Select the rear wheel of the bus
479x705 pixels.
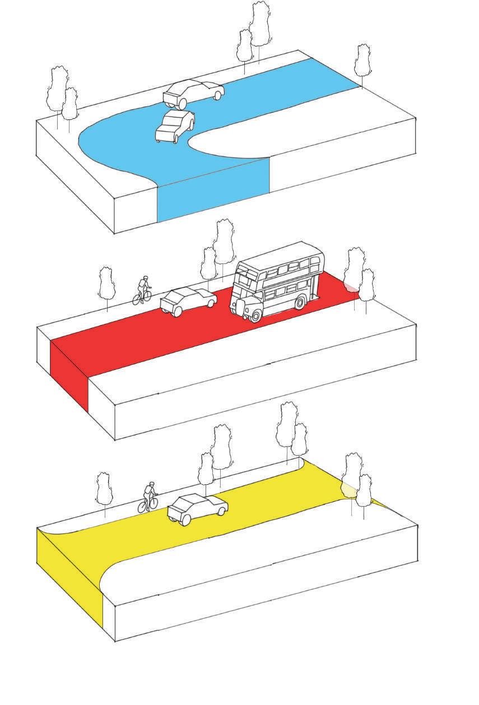[300, 303]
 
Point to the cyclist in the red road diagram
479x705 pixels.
[143, 290]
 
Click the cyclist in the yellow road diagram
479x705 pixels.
[150, 498]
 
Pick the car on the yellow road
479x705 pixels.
[197, 507]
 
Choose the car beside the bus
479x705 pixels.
[188, 301]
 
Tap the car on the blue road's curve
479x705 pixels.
[175, 126]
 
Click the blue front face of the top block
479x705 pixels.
[213, 191]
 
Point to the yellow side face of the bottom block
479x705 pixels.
[70, 577]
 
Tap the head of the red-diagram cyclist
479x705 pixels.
[146, 278]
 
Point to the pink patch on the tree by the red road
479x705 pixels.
[350, 287]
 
